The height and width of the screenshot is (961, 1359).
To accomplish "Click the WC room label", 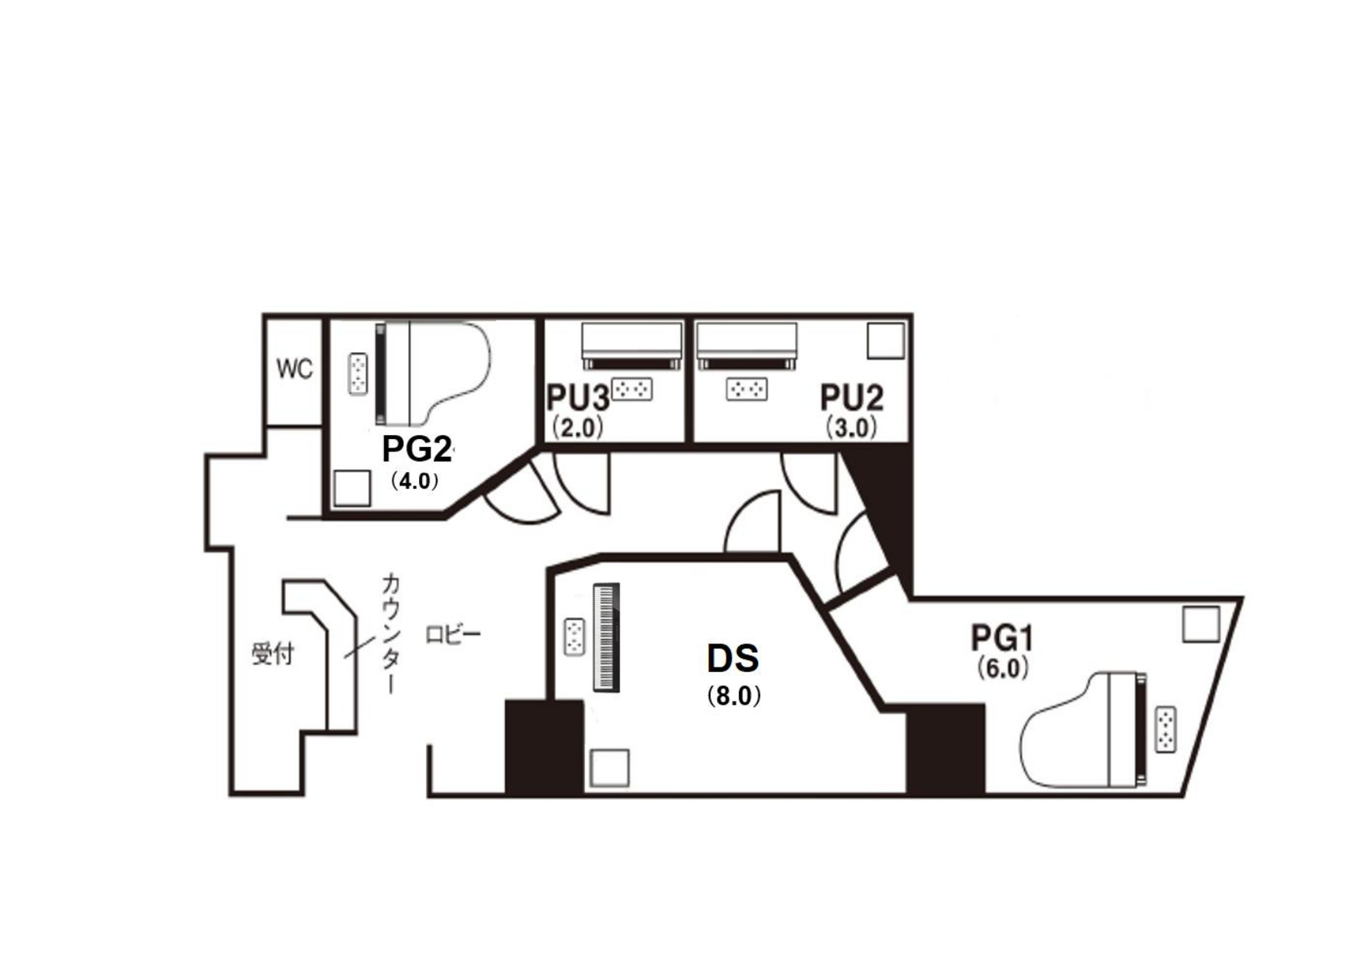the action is tap(294, 369).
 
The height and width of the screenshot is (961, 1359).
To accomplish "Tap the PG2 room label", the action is tap(417, 449).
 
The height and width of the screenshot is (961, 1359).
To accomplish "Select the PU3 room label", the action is tap(578, 398).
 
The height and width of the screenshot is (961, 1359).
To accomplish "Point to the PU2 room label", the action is tap(852, 398).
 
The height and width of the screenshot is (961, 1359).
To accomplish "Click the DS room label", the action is tap(733, 658).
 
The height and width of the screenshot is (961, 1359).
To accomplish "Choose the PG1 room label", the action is tap(1003, 639).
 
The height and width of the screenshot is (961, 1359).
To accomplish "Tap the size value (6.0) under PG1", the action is tap(1003, 668).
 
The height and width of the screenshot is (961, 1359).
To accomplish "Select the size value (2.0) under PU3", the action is tap(578, 427).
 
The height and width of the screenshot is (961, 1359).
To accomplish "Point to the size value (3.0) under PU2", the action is tap(852, 427).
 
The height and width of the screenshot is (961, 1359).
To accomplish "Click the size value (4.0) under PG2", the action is tap(414, 481).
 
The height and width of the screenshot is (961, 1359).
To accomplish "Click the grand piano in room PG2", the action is tap(434, 374).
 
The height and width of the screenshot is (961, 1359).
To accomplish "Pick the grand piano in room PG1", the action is tap(1084, 730).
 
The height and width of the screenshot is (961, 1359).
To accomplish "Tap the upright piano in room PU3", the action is tap(632, 346).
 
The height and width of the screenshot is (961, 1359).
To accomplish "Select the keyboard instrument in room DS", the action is tap(606, 637).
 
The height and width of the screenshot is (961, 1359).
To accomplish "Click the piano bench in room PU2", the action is tap(747, 389).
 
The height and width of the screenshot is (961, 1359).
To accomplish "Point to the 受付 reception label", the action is tap(273, 654).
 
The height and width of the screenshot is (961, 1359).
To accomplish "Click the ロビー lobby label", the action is tap(454, 635).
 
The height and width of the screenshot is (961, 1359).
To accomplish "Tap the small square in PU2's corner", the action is tap(886, 341).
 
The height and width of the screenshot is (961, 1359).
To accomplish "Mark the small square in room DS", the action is tap(609, 768).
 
